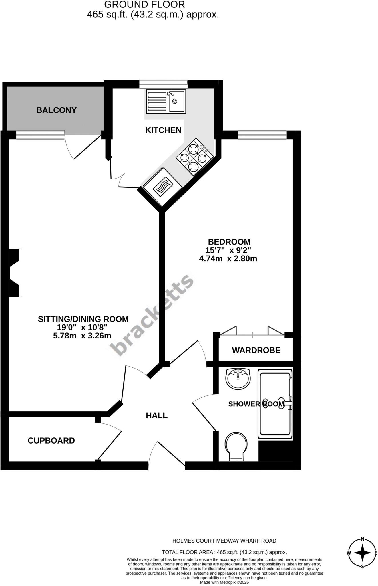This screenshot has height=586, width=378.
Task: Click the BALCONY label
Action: (56, 110)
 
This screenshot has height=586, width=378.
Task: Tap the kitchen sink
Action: (166, 101)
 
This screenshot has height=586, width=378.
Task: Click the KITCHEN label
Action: (163, 130)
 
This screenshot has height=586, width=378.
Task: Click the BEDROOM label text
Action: (229, 242)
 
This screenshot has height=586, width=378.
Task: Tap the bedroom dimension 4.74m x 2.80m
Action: (228, 259)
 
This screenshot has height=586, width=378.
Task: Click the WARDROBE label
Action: (256, 350)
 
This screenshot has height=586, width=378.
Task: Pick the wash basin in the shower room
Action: (238, 379)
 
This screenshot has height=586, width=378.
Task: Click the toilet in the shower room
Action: (236, 446)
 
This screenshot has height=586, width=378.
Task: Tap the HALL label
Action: (157, 415)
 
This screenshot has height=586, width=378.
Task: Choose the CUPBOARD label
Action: (51, 440)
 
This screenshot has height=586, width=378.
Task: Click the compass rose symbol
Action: (362, 553)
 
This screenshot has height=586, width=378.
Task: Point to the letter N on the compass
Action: (362, 539)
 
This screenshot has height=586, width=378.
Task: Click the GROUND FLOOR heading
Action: (144, 5)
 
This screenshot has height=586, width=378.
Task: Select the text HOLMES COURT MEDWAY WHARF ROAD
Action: (224, 541)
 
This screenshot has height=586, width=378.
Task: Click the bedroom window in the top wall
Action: (262, 135)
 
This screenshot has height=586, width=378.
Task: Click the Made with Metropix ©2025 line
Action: (224, 582)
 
